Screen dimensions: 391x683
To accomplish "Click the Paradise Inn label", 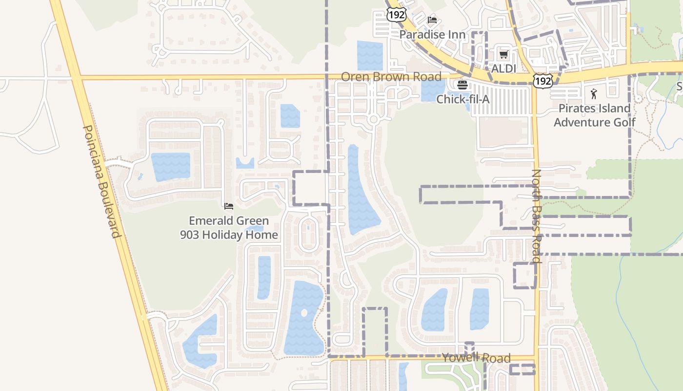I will (432, 35).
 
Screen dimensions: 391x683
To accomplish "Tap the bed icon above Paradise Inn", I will (432, 20).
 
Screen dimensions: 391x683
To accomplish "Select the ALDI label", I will (503, 68).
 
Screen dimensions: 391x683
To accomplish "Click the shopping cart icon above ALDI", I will (503, 54).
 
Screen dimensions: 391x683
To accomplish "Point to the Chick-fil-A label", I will (462, 99).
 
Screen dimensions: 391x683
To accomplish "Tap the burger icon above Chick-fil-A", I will (462, 85).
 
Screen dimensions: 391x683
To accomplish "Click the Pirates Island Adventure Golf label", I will (595, 115).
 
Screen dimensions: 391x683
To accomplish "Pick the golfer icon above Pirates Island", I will (594, 94).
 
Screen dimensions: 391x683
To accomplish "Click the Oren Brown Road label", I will (391, 77).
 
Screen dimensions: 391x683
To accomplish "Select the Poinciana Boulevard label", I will (101, 181).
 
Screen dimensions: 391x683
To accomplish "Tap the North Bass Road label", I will (537, 216).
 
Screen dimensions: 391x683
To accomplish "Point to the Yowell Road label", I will (476, 358).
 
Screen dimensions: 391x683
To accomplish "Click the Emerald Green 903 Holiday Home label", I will (229, 228).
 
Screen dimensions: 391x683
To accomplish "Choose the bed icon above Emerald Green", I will (229, 206).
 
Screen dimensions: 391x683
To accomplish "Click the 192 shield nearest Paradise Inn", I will (396, 15).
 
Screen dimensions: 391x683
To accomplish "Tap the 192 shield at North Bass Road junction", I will (542, 81).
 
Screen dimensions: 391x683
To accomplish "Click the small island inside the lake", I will (304, 312).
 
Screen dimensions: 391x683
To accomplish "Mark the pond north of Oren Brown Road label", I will (370, 55).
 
